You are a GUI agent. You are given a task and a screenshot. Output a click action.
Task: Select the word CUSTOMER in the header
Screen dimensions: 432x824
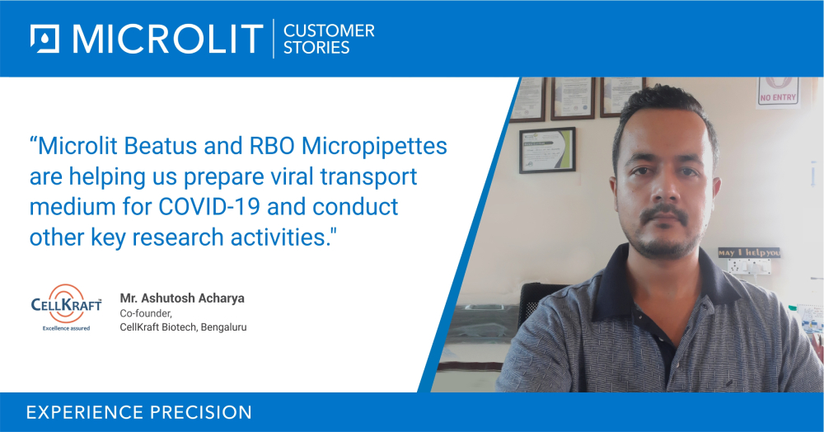[329, 31]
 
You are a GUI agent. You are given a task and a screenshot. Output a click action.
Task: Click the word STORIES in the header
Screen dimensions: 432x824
[316, 47]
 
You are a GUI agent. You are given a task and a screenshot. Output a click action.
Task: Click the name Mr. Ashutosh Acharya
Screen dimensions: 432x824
[182, 297]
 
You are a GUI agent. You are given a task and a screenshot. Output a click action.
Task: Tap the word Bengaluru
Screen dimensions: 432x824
[221, 327]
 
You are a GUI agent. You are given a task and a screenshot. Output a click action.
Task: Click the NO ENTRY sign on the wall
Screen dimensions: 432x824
[778, 92]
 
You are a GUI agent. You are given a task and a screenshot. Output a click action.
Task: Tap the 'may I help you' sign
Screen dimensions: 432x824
[748, 253]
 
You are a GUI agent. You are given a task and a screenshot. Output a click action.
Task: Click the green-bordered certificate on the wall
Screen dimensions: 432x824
[547, 150]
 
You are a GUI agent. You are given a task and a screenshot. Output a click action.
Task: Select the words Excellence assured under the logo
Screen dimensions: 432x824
[66, 327]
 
